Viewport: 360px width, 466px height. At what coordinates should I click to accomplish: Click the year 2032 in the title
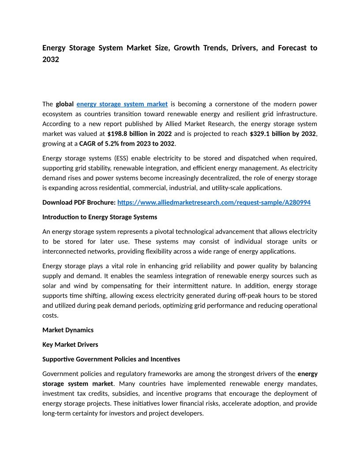coord(51,59)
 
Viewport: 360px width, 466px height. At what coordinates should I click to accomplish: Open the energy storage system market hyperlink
coord(122,104)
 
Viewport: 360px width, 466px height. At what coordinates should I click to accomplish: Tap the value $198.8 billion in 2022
coord(139,133)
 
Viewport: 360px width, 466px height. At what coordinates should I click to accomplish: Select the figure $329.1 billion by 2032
coord(282,133)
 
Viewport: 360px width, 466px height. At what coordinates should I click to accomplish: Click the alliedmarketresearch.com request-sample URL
coord(214,203)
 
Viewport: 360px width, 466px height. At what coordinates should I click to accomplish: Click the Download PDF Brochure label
coord(79,203)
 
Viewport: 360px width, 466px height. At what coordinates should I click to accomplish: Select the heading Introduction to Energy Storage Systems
coord(100,217)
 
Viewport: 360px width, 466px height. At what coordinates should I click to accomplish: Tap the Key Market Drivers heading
coord(70,345)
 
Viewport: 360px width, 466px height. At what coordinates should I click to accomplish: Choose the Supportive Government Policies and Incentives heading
coord(111,359)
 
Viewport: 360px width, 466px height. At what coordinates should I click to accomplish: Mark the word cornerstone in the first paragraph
coord(232,104)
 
